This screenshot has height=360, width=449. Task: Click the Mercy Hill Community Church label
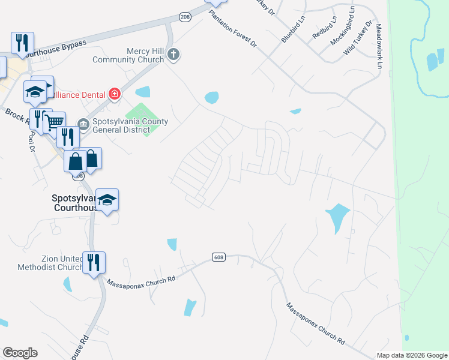[128, 55]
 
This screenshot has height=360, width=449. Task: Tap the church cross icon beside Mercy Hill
[173, 55]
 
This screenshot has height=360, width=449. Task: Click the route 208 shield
[185, 17]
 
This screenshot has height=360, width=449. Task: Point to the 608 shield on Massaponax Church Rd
[218, 257]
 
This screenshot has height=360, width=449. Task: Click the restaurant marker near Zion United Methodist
[94, 263]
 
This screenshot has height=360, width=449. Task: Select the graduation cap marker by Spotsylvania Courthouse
[107, 200]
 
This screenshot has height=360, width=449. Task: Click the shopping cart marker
[55, 122]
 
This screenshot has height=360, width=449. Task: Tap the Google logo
[20, 353]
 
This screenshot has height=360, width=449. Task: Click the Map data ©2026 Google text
[411, 355]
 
